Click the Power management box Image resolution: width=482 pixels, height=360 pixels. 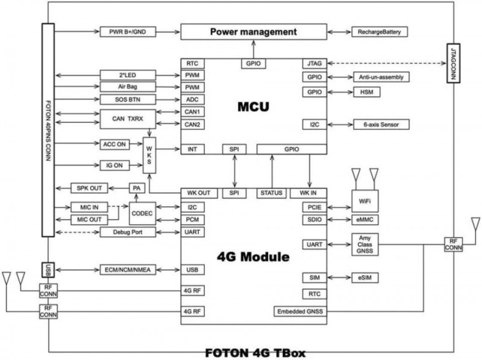coord(253,31)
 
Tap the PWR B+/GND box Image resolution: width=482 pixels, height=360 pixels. coord(128,31)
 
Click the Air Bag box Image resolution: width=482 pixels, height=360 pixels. coord(128,87)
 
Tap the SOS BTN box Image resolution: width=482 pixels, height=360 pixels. coord(128,99)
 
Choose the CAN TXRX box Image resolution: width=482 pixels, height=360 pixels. coord(128,118)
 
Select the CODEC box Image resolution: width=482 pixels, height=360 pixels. coord(143,214)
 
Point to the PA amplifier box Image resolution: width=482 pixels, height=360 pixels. coord(136,188)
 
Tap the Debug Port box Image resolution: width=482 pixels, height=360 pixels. coord(128,232)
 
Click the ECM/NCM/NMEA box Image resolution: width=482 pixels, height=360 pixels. coord(128,269)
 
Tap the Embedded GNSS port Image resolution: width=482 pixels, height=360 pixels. coord(300,311)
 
